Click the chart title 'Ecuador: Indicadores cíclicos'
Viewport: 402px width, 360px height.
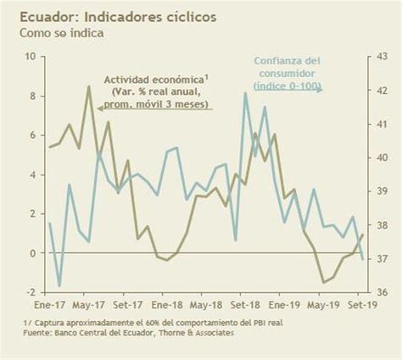118,16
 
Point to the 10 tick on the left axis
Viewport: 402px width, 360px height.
31,57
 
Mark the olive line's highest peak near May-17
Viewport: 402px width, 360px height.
89,86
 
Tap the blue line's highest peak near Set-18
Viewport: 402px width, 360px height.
245,93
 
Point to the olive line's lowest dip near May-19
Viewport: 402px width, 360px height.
323,282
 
